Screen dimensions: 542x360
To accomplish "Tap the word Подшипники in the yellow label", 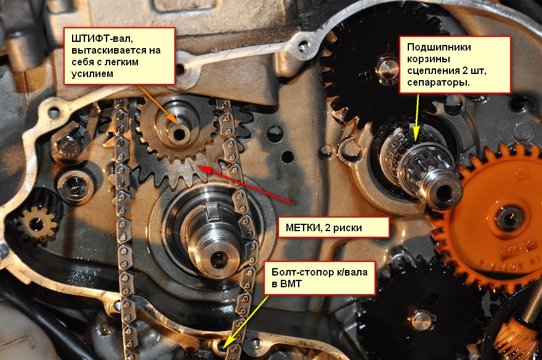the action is click(x=439, y=47).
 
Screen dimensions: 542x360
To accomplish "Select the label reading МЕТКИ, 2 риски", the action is click(x=323, y=227).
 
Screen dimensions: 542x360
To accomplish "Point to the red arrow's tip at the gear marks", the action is click(x=197, y=166).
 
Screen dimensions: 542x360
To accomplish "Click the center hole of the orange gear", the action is click(x=508, y=217).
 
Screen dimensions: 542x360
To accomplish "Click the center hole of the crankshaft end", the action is click(x=218, y=256).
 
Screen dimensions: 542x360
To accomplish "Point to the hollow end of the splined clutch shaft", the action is click(x=443, y=192).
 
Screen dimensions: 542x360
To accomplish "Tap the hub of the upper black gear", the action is click(x=387, y=69).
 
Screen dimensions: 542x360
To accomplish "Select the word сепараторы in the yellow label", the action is click(x=439, y=83).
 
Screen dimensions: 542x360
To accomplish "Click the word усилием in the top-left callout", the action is click(x=92, y=73).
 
